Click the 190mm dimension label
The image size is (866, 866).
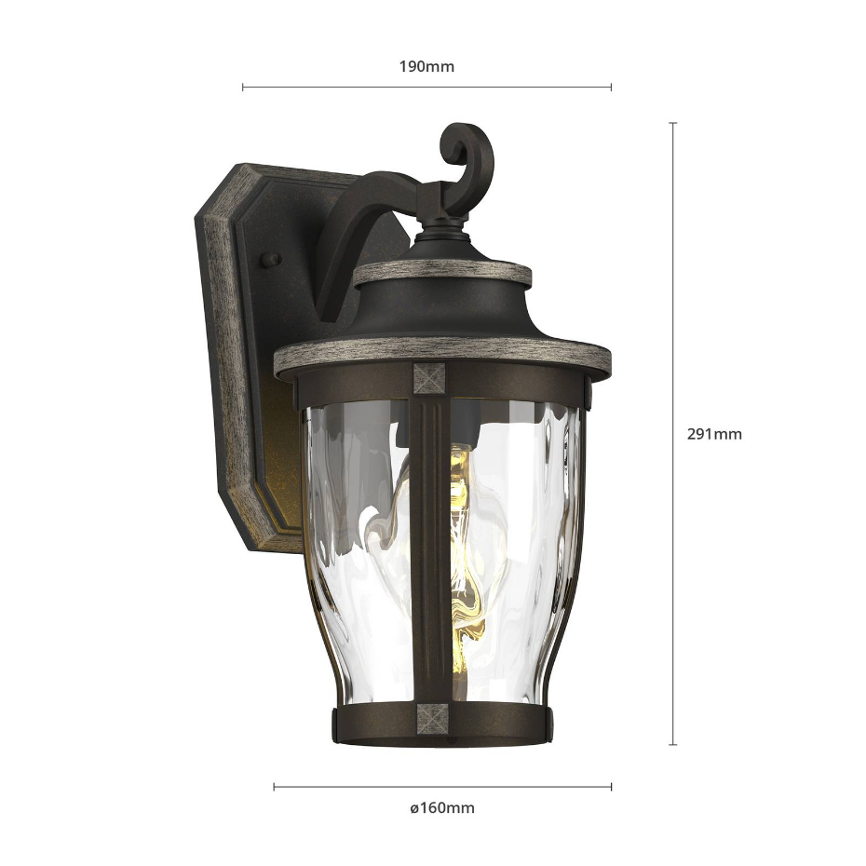click(x=426, y=67)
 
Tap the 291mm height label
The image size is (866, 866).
click(x=714, y=434)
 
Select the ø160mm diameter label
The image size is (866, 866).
click(x=441, y=808)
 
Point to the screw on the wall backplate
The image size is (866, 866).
click(x=271, y=260)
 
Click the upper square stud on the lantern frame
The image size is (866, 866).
click(x=429, y=378)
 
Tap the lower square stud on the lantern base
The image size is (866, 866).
click(x=432, y=719)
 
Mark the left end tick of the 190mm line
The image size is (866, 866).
click(x=242, y=87)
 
